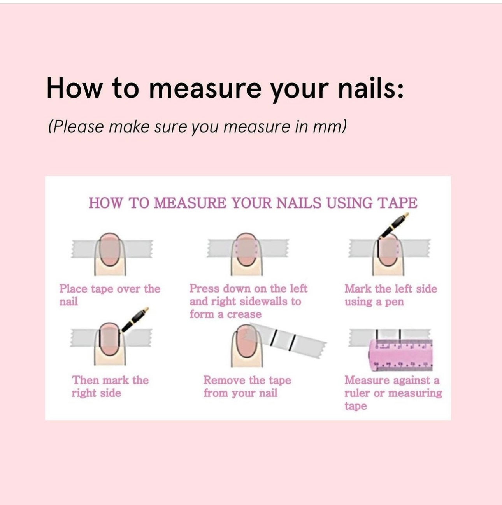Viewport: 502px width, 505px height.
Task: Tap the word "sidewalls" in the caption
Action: [263, 302]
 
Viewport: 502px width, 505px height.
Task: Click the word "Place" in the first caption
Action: [74, 289]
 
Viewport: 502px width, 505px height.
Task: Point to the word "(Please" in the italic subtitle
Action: [76, 127]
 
